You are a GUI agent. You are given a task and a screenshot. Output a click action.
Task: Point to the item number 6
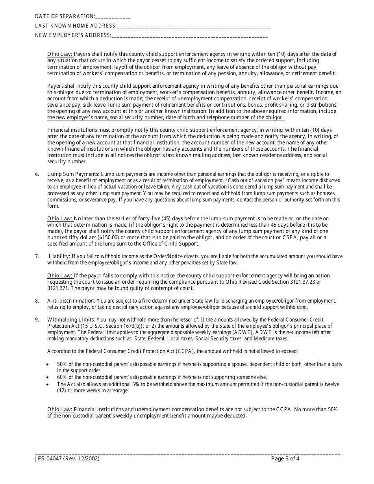[37, 174]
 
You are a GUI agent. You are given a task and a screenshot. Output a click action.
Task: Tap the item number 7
[37, 257]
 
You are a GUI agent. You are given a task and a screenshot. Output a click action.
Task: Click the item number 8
[37, 301]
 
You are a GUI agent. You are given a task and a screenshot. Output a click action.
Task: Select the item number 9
[37, 320]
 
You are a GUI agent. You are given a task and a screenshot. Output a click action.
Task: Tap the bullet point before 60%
[48, 377]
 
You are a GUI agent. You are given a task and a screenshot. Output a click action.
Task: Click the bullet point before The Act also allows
[48, 384]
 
